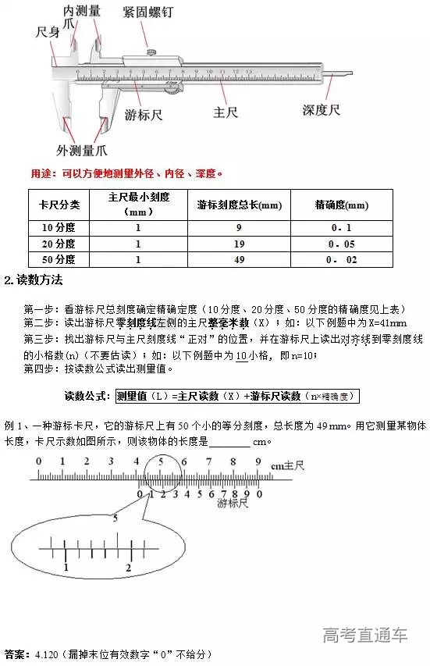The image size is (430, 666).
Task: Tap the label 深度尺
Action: (x=322, y=110)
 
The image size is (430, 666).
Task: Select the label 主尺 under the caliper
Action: (x=226, y=112)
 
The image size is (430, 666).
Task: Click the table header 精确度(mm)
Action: (x=341, y=205)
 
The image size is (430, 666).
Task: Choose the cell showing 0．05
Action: (x=341, y=244)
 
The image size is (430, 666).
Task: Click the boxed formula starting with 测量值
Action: (x=236, y=396)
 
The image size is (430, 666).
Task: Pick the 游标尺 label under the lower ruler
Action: (x=232, y=504)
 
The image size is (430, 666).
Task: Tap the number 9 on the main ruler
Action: (x=258, y=461)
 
